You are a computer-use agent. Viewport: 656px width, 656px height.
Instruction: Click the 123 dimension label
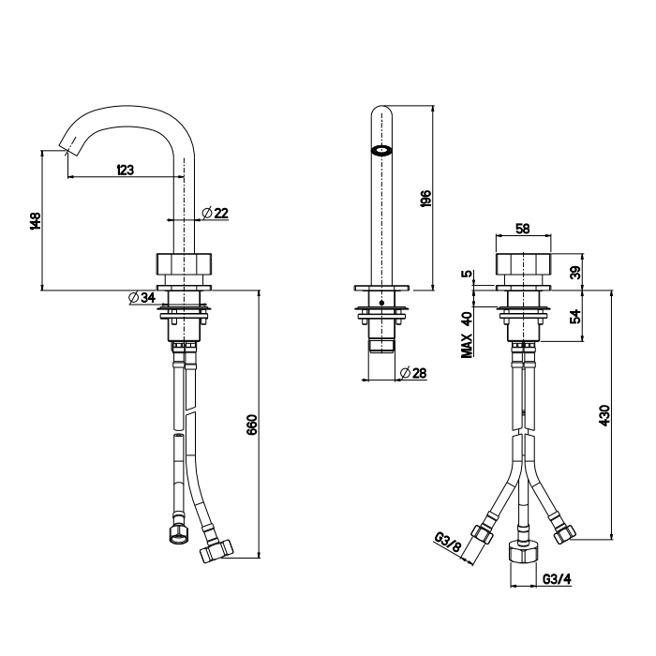[126, 170]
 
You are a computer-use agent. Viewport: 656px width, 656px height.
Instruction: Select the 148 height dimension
[36, 221]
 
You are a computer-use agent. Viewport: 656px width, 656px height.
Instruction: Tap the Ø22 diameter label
[215, 213]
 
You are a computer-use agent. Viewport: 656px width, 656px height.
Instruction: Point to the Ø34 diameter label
[142, 297]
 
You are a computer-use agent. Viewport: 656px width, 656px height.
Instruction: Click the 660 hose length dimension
[252, 425]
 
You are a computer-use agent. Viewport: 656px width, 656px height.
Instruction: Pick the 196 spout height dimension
[425, 199]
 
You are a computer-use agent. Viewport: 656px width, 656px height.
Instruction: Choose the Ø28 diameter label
[413, 373]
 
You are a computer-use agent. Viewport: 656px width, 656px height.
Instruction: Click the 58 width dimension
[523, 229]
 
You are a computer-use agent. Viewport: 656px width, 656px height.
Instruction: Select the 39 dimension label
[576, 274]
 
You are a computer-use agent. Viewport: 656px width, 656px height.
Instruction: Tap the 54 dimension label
[576, 316]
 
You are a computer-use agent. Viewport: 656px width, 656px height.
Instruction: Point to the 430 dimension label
[605, 415]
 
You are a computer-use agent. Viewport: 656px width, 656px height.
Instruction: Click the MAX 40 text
[467, 335]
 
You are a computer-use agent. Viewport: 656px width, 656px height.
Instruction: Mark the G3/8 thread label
[448, 543]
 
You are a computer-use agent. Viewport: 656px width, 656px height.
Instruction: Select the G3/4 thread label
[557, 579]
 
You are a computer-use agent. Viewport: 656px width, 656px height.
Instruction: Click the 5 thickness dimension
[467, 274]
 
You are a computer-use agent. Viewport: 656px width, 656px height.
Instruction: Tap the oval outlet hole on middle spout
[381, 151]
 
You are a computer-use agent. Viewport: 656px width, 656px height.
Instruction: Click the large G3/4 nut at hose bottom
[523, 552]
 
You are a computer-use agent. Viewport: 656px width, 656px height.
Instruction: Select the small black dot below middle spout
[381, 303]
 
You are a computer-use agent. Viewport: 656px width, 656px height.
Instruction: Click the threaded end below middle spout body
[381, 346]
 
